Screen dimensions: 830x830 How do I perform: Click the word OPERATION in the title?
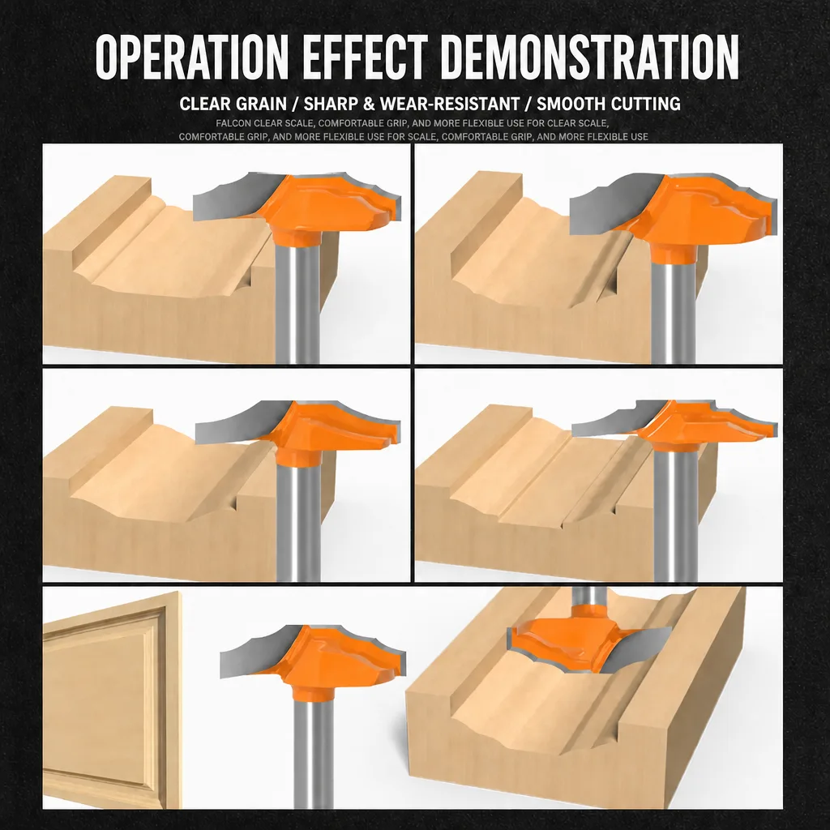click(192, 57)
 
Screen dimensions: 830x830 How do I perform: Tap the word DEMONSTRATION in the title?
click(590, 57)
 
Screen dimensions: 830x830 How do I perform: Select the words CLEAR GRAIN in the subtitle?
click(233, 104)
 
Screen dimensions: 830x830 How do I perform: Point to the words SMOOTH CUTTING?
click(609, 104)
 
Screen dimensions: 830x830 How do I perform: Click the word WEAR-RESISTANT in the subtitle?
click(449, 104)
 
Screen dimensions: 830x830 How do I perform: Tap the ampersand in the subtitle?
click(369, 104)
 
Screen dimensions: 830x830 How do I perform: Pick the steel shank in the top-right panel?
click(673, 312)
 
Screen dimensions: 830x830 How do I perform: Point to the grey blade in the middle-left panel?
click(238, 423)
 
